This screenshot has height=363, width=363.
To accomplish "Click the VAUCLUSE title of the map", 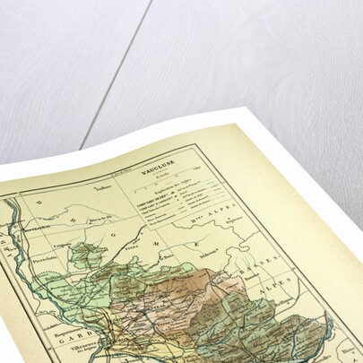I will tap(157, 168).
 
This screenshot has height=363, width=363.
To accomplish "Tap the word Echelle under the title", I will tap(161, 175).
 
